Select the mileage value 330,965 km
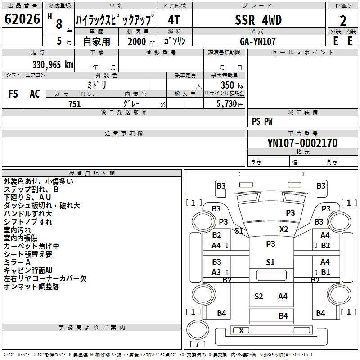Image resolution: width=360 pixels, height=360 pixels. tap(53, 65)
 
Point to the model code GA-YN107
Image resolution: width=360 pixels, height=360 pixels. tap(258, 41)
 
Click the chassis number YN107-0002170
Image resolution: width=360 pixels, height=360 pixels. tap(302, 143)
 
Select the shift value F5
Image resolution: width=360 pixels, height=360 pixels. tap(13, 94)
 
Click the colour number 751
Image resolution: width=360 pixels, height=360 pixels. tap(75, 104)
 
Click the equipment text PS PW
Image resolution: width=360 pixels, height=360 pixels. tap(262, 121)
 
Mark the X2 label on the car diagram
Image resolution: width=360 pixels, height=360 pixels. tap(283, 229)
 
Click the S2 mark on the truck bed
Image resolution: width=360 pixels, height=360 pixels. tap(258, 296)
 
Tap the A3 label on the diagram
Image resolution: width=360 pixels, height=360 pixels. tap(216, 272)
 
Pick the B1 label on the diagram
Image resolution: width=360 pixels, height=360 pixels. tap(325, 272)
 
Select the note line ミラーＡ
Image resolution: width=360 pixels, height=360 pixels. tap(18, 262)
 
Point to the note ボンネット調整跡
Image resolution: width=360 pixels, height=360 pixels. tap(31, 287)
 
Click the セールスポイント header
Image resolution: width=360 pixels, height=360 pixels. tap(303, 53)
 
